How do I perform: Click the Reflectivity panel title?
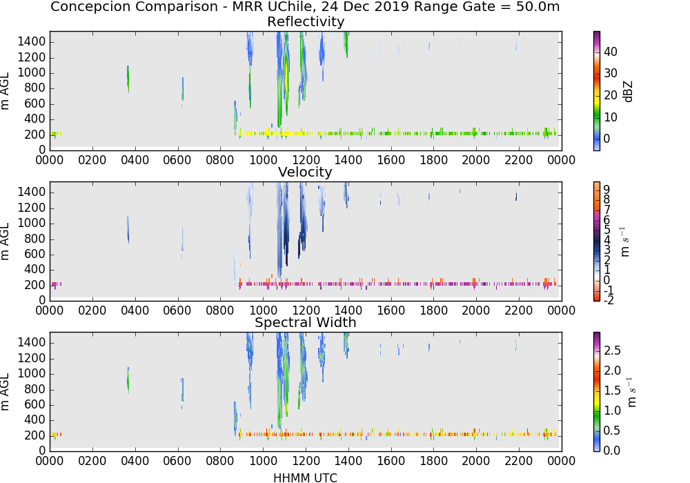[306, 21]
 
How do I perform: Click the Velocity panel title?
[305, 172]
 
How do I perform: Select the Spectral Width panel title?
[306, 322]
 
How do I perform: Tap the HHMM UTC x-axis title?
[305, 477]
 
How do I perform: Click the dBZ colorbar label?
[629, 92]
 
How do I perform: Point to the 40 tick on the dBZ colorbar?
[611, 52]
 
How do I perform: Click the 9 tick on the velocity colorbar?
[607, 190]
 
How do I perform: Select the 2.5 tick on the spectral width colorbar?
[612, 350]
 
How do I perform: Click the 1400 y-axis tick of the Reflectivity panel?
[31, 42]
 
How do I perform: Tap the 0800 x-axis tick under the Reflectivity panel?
[220, 159]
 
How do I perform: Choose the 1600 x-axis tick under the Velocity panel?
[391, 310]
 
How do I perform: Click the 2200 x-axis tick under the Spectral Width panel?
[518, 460]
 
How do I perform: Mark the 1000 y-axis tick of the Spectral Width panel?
[31, 374]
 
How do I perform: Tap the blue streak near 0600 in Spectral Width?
[182, 391]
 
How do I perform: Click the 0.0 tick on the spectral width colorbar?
[612, 450]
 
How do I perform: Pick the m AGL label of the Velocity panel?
[5, 241]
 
